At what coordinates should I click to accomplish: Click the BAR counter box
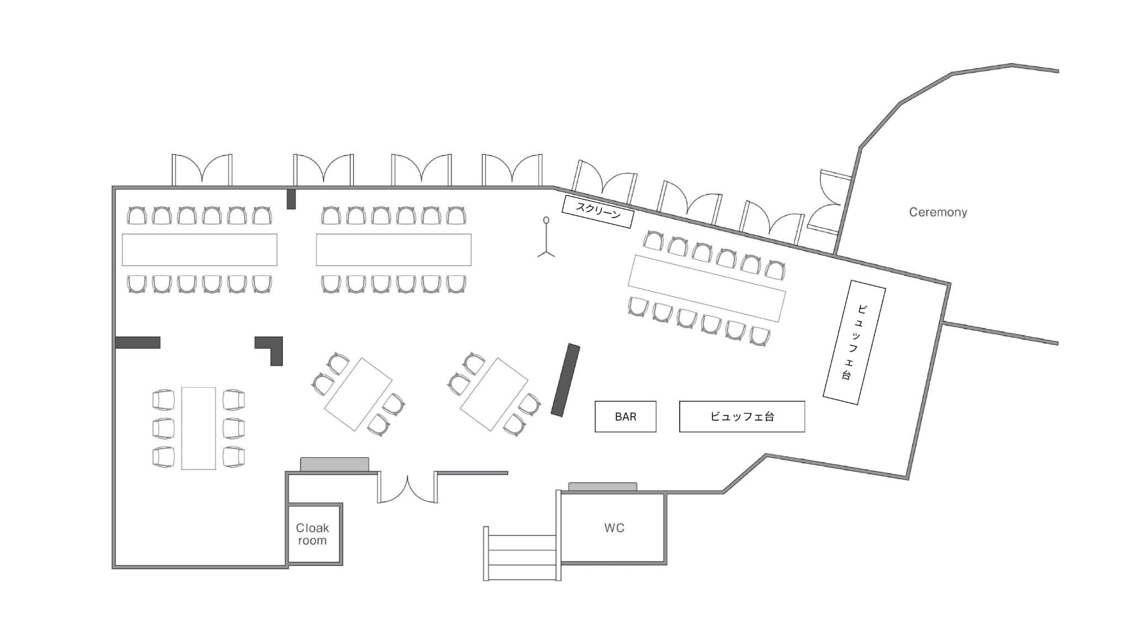(x=625, y=416)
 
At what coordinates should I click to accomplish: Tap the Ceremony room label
(x=938, y=212)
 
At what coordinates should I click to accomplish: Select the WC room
(x=614, y=528)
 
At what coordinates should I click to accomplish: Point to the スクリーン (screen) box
(x=598, y=211)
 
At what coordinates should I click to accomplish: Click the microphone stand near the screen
(x=546, y=237)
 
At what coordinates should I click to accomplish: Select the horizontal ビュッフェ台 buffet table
(x=742, y=416)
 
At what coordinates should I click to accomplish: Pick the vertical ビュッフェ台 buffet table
(x=854, y=342)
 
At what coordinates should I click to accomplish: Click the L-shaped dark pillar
(x=270, y=350)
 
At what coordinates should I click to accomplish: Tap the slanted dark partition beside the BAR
(x=565, y=380)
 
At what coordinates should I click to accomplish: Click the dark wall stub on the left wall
(x=138, y=342)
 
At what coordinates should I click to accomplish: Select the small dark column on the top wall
(x=291, y=199)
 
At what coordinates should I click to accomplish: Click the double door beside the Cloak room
(x=408, y=487)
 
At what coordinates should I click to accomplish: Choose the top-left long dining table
(x=199, y=250)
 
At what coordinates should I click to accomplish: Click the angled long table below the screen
(x=707, y=288)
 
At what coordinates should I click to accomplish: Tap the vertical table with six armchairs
(x=198, y=428)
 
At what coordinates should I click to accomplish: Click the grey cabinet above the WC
(x=603, y=487)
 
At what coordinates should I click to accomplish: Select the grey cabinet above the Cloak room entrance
(x=335, y=464)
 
